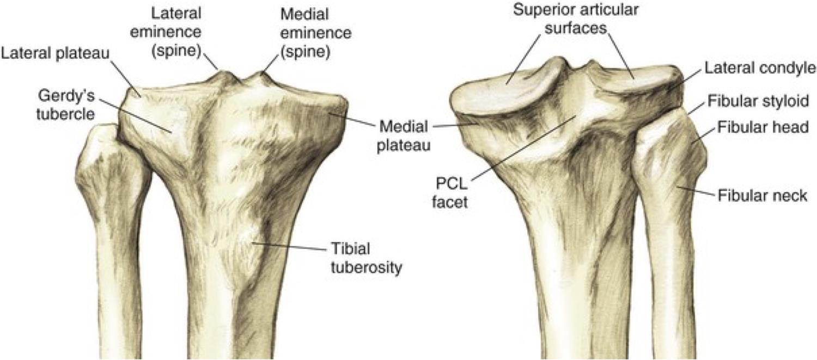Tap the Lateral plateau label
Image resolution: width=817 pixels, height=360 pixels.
click(x=55, y=53)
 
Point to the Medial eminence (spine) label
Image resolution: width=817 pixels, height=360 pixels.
click(x=316, y=32)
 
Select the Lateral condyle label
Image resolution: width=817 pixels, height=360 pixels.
click(x=759, y=68)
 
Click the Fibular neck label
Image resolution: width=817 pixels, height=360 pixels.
click(x=762, y=196)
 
